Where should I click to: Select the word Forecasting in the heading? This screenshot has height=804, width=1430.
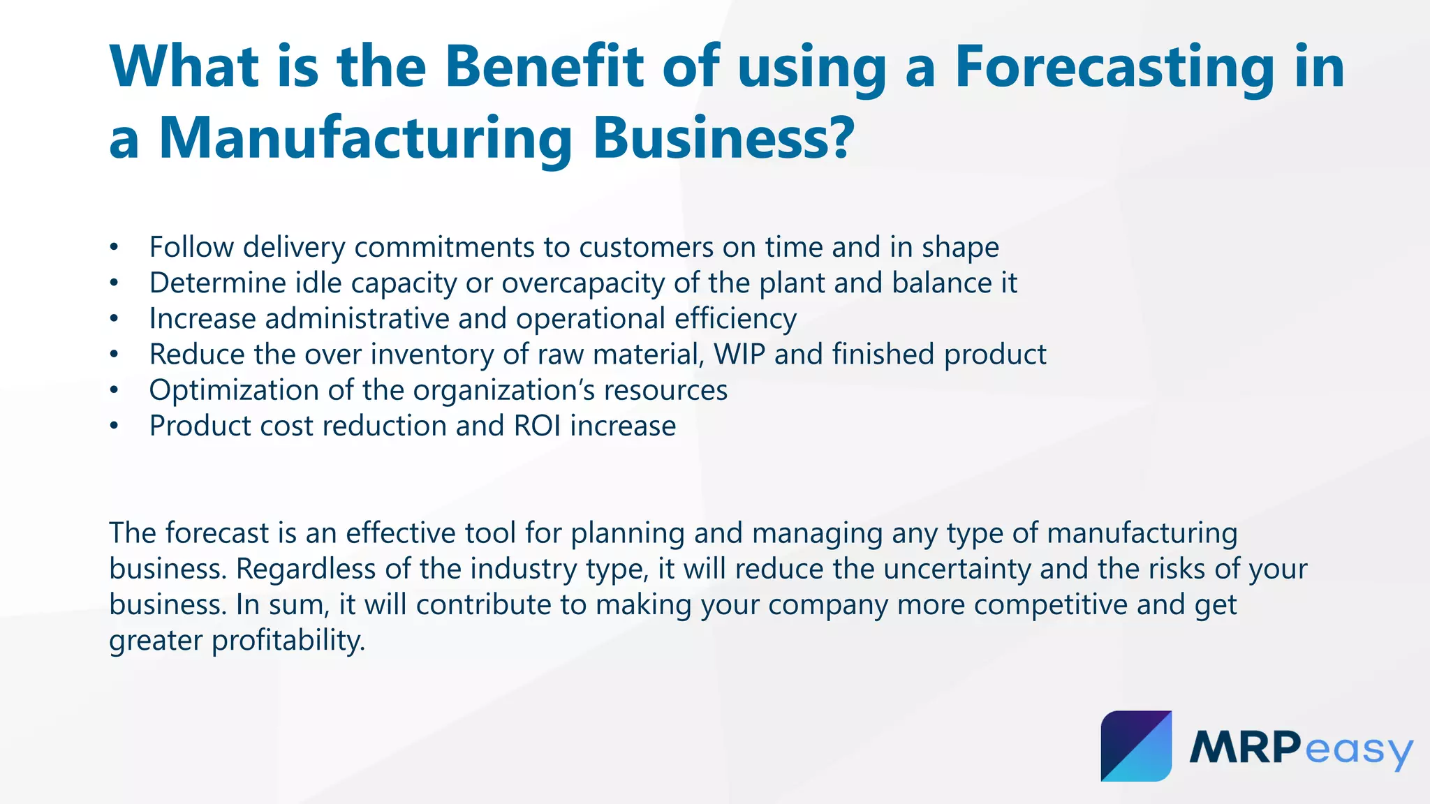[1115, 67]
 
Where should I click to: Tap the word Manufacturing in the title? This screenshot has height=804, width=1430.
[365, 138]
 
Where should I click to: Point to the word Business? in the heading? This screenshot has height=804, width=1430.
[723, 138]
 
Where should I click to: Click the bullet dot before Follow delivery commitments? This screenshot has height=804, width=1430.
[115, 248]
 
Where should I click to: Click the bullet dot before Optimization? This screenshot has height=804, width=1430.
[115, 390]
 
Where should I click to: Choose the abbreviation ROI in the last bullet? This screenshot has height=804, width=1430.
[537, 426]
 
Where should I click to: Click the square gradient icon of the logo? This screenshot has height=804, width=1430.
[1136, 746]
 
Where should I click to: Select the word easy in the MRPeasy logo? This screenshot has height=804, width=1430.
[1357, 751]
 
